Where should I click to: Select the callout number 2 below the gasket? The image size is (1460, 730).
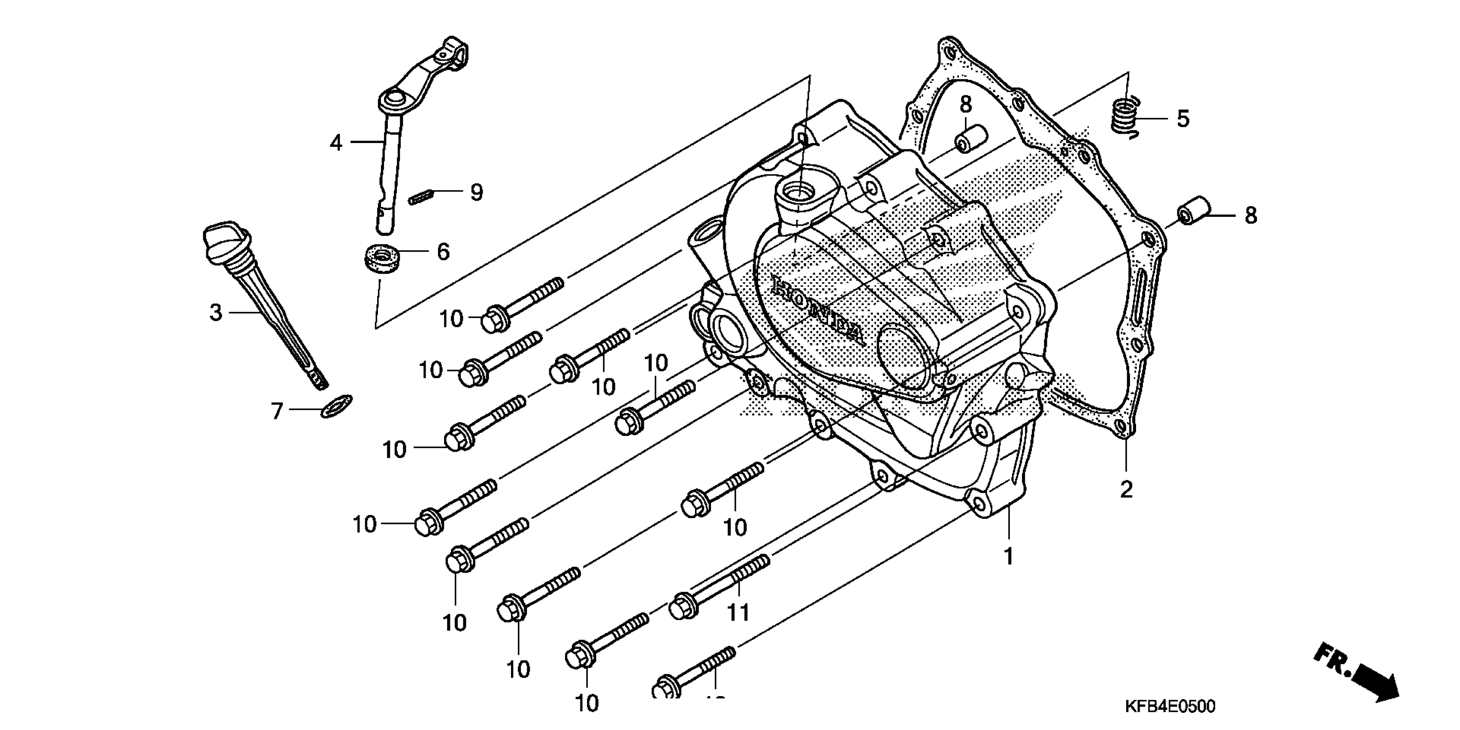pos(1126,489)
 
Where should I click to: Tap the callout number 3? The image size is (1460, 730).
pos(215,313)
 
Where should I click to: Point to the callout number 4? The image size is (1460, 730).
pos(336,143)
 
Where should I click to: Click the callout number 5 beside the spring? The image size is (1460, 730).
pos(1183,119)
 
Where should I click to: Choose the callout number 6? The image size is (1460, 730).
pos(443,251)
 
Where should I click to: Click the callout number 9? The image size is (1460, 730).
pos(477,193)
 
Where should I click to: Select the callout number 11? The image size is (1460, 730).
pos(738,613)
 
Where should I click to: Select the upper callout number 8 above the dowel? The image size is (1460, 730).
pos(966,104)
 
